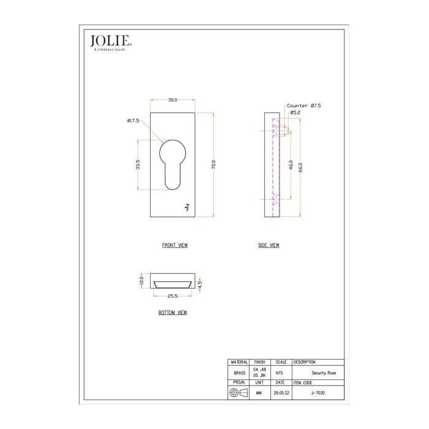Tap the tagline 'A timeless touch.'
coord(110,50)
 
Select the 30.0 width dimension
coord(173,100)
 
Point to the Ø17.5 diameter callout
coord(134,121)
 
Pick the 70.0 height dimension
coord(213,165)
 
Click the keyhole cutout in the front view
coord(173,163)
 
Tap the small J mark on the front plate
coord(187,208)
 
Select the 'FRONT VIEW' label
coord(175,245)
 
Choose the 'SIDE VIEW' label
coord(268,245)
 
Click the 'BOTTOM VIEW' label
coord(172,313)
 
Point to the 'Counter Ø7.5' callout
coord(304,106)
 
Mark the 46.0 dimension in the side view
coord(291,166)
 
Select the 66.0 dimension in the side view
coord(300,166)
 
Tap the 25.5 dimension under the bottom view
coord(172,296)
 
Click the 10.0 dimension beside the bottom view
coord(140,281)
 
